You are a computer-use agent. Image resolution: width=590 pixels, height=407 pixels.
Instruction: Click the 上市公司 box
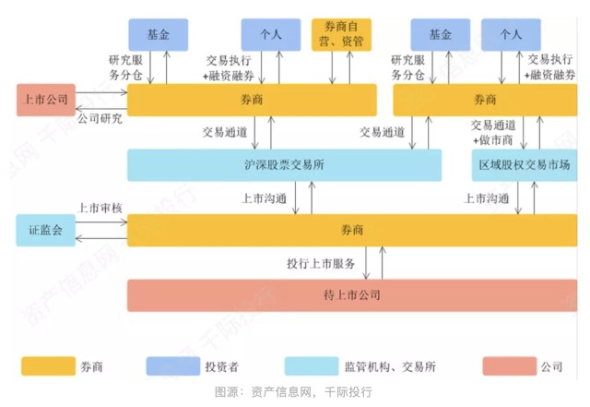(x=45, y=100)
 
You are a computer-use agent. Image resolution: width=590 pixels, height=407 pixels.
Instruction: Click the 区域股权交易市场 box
(x=521, y=166)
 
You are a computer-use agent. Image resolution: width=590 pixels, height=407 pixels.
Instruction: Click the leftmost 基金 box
(x=158, y=34)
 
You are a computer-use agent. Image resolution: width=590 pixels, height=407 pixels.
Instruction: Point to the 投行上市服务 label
(x=321, y=264)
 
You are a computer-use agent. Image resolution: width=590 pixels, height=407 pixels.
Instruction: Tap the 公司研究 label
(x=100, y=119)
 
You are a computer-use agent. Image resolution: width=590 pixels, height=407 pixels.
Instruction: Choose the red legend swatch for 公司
(x=510, y=365)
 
